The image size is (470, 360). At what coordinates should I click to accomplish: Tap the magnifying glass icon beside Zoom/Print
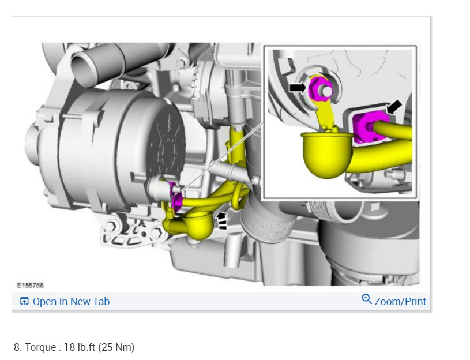(367, 299)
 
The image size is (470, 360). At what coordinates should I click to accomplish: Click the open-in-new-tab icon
(24, 301)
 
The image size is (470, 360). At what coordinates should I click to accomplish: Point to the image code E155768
(30, 286)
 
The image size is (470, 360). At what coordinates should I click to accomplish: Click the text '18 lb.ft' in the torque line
(80, 347)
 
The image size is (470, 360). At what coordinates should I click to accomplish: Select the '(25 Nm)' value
(116, 347)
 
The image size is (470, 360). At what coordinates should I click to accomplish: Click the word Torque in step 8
(40, 347)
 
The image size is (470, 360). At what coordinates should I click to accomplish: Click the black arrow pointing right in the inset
(298, 88)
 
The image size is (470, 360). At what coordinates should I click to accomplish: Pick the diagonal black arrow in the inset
(394, 107)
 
